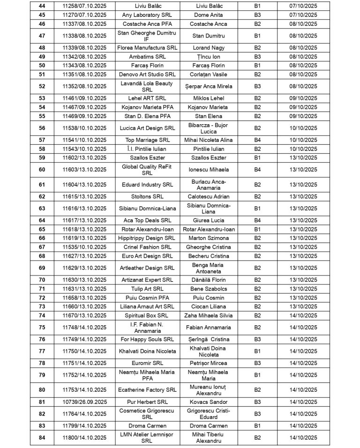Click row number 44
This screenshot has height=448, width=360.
coord(42,6)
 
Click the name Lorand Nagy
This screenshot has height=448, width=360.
coord(209,48)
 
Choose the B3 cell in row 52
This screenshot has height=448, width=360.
coord(257,87)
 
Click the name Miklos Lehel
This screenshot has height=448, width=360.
coord(209,98)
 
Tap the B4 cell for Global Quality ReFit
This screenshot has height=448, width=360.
coord(257,170)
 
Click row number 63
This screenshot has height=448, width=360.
coord(42,209)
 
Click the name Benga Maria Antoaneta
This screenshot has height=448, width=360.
coord(209,268)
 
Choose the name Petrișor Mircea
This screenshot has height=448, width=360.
coord(209,363)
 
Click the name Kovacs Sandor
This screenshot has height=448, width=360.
coord(209,402)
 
